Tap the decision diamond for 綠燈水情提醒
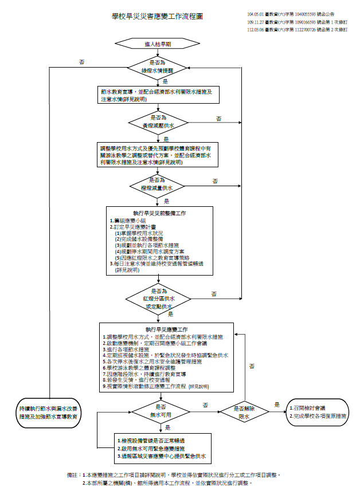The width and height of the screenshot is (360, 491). point(158,66)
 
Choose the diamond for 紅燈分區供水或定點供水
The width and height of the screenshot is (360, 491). point(159,298)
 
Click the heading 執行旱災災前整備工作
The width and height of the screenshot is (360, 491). point(159,213)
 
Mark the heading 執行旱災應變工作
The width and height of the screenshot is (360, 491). point(167,330)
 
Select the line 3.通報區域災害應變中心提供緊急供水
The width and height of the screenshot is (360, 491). point(161,456)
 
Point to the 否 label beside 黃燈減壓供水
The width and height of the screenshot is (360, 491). point(219,119)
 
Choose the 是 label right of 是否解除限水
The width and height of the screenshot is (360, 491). point(277,404)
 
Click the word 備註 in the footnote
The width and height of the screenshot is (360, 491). point(73,475)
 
